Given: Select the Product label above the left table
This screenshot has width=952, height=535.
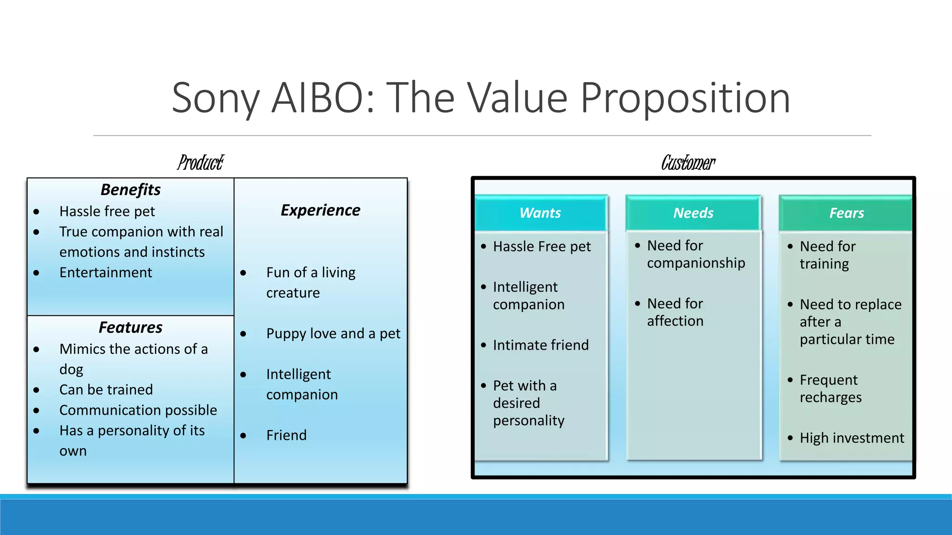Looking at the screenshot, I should (x=200, y=163).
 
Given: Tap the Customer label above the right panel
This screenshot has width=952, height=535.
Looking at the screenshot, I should (x=688, y=163).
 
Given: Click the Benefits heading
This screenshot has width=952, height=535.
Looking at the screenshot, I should (x=131, y=189).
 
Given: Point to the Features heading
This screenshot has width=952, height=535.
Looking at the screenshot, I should (x=131, y=327).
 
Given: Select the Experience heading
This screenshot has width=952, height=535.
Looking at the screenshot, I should (x=320, y=210).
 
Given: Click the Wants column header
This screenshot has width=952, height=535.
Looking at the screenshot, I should (x=540, y=213).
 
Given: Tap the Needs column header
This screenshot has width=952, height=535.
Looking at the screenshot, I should (x=693, y=213).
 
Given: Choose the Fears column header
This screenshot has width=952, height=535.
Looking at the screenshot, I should (x=846, y=213).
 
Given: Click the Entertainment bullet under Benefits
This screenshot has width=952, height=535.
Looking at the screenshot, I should (x=106, y=273).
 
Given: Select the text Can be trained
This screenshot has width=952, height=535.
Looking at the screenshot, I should (x=106, y=390).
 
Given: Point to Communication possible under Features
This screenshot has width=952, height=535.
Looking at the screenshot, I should (x=138, y=410).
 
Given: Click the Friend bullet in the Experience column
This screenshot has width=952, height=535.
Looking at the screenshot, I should (x=286, y=435).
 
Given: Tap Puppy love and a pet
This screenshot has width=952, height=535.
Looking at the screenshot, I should (x=333, y=333).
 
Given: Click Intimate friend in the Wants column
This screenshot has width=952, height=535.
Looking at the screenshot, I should (x=541, y=345).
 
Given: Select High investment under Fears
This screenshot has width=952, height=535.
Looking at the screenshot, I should (x=852, y=438).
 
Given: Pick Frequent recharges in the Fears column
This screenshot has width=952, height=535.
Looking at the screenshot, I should (x=830, y=389).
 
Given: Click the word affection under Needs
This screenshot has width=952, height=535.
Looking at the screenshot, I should (x=675, y=321).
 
